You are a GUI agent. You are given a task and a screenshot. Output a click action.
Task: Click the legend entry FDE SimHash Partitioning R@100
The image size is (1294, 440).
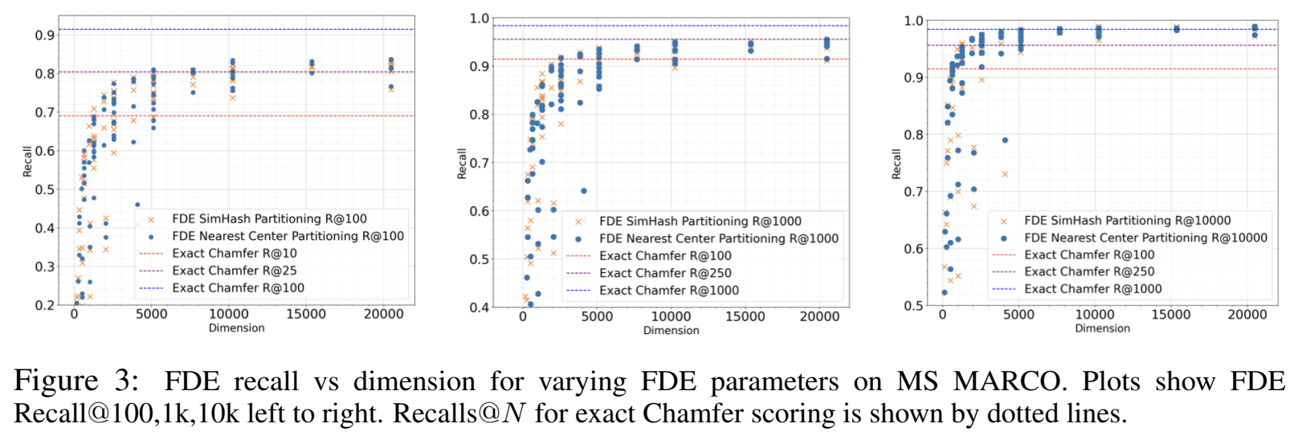pyautogui.click(x=269, y=218)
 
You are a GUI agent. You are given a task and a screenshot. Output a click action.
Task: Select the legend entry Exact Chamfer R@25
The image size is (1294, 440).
pyautogui.click(x=234, y=271)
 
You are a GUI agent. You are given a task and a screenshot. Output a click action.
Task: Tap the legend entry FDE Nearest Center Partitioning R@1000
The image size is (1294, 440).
pyautogui.click(x=718, y=238)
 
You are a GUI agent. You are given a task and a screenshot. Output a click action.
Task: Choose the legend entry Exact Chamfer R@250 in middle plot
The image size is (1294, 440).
pyautogui.click(x=665, y=273)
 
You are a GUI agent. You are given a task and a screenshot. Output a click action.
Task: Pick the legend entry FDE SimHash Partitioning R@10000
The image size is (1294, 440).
pyautogui.click(x=1127, y=220)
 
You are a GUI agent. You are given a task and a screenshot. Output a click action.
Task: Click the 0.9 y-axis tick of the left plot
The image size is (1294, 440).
pyautogui.click(x=45, y=35)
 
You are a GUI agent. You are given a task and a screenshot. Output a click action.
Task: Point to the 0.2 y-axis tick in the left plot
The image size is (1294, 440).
pyautogui.click(x=45, y=305)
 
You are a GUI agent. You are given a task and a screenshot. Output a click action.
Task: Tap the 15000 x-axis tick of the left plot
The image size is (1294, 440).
pyautogui.click(x=306, y=314)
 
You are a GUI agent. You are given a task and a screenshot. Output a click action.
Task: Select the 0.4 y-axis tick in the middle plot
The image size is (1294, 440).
pyautogui.click(x=480, y=308)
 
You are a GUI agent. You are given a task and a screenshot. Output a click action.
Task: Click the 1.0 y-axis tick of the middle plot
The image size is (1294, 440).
pyautogui.click(x=480, y=18)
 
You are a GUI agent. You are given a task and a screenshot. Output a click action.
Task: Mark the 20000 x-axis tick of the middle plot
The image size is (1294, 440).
pyautogui.click(x=819, y=316)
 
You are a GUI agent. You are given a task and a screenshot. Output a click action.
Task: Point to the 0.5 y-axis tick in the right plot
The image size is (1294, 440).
pyautogui.click(x=913, y=306)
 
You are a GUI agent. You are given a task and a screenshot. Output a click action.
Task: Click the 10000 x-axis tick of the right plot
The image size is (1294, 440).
pyautogui.click(x=1095, y=315)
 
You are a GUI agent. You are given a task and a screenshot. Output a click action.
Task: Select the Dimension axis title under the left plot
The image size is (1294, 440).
pyautogui.click(x=236, y=328)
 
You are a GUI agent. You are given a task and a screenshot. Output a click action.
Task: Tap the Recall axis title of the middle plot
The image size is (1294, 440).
pyautogui.click(x=462, y=163)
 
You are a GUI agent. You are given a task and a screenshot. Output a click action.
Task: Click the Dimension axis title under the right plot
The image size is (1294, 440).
pyautogui.click(x=1102, y=328)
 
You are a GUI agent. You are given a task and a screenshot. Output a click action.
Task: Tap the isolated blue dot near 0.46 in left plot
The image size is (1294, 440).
pyautogui.click(x=137, y=205)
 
